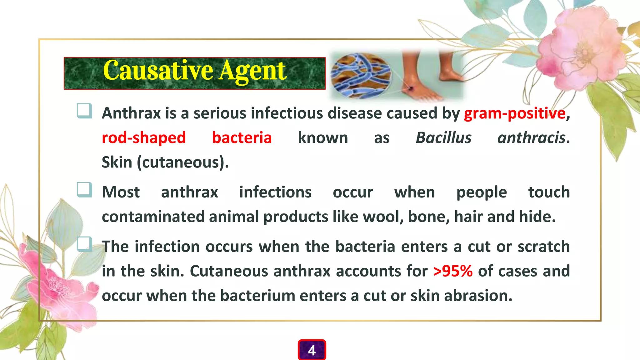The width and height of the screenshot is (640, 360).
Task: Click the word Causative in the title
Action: (x=158, y=71)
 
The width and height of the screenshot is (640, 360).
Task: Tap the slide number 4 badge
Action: (x=312, y=350)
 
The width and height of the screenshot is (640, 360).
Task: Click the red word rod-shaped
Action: (x=144, y=138)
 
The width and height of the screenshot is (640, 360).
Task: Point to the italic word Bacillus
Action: (x=443, y=138)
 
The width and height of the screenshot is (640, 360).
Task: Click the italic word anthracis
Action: (x=531, y=138)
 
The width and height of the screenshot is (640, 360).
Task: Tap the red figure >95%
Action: (x=453, y=271)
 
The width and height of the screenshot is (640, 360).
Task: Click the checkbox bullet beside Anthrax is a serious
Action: (x=84, y=111)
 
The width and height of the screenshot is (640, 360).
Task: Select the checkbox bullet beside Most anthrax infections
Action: (x=84, y=190)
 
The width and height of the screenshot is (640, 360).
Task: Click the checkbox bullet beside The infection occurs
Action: (x=84, y=244)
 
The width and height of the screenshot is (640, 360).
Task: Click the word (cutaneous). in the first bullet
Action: (x=183, y=162)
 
